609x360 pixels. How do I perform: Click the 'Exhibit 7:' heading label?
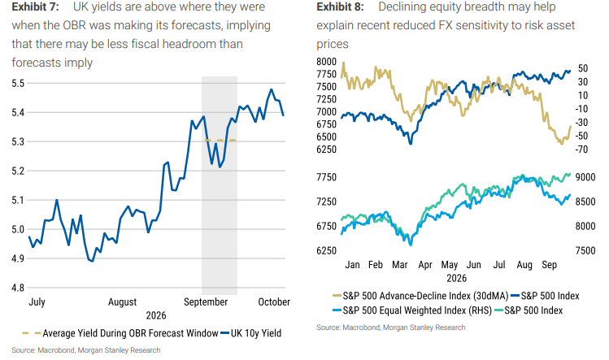[35, 7]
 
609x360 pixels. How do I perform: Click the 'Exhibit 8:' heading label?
[340, 7]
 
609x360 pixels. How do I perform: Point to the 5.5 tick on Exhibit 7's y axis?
[18, 83]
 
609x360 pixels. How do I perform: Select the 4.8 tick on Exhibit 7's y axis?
[18, 288]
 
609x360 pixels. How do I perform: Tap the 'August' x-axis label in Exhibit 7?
[122, 302]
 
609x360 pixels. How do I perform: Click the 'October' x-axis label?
[274, 301]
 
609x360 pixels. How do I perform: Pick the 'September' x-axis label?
[206, 302]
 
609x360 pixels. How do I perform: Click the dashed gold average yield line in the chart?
[220, 141]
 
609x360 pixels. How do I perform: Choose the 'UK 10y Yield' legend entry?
[250, 333]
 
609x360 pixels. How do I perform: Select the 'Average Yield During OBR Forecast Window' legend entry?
[120, 333]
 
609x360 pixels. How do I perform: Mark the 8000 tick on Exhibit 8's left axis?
[326, 62]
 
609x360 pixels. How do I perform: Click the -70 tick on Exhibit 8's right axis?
[582, 150]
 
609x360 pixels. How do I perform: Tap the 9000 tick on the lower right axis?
[585, 177]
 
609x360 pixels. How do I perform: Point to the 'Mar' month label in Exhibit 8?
[400, 265]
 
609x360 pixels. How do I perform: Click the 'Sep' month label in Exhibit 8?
[549, 265]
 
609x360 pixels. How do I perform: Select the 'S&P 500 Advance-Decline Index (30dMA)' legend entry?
[420, 296]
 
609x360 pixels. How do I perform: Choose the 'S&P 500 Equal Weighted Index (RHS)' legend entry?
[412, 310]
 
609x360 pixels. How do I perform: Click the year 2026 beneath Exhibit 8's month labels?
[456, 279]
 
